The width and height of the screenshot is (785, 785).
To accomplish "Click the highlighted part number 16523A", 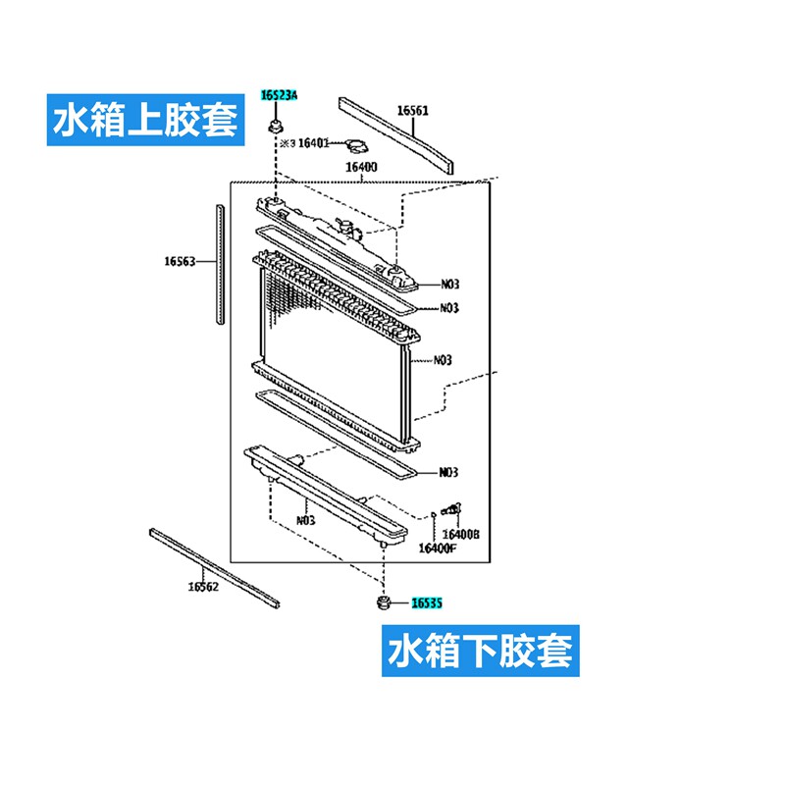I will [x=279, y=95].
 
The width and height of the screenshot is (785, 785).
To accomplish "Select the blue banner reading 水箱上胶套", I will [x=144, y=120].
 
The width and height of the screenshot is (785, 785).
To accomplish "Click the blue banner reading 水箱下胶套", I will [x=480, y=650].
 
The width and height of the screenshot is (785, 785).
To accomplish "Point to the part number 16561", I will [x=412, y=111].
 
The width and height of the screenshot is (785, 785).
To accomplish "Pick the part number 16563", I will [x=181, y=261].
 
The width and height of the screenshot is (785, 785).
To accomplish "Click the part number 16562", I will [x=203, y=587].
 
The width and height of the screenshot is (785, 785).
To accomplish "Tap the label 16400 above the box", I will [x=361, y=167].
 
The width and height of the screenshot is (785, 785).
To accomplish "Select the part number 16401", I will [x=313, y=143].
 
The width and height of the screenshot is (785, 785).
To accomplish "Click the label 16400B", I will [x=460, y=534].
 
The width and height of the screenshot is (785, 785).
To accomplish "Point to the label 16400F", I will [x=437, y=548].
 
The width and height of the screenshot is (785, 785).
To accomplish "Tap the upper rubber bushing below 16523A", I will [x=276, y=126].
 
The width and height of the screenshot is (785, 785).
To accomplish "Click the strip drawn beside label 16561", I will [x=396, y=133].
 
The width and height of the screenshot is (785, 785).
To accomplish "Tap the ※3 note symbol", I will [x=288, y=143].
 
